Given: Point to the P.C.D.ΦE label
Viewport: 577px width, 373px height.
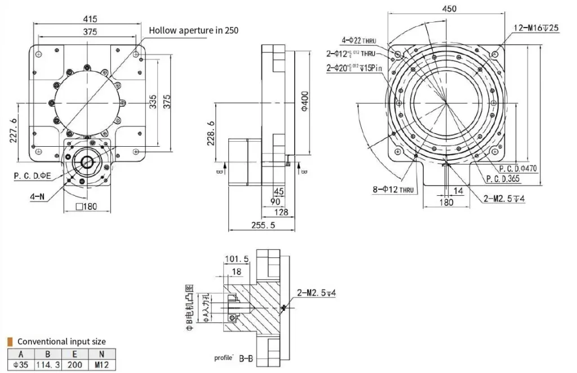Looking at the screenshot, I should click(x=33, y=176).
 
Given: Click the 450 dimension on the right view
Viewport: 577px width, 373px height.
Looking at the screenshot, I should click(x=449, y=8).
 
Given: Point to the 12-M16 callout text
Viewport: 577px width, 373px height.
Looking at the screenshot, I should click(x=536, y=28).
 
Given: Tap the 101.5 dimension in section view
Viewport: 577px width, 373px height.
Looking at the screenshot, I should click(x=237, y=259).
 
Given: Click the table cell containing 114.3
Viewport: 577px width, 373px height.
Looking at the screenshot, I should click(x=49, y=365).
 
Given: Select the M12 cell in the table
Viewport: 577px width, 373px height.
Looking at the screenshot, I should click(x=105, y=365).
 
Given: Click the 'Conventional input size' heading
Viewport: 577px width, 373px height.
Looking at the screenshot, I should click(x=61, y=341).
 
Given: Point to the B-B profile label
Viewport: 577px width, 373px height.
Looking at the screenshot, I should click(x=246, y=358).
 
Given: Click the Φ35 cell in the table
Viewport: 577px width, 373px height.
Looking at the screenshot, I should click(x=21, y=365).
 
